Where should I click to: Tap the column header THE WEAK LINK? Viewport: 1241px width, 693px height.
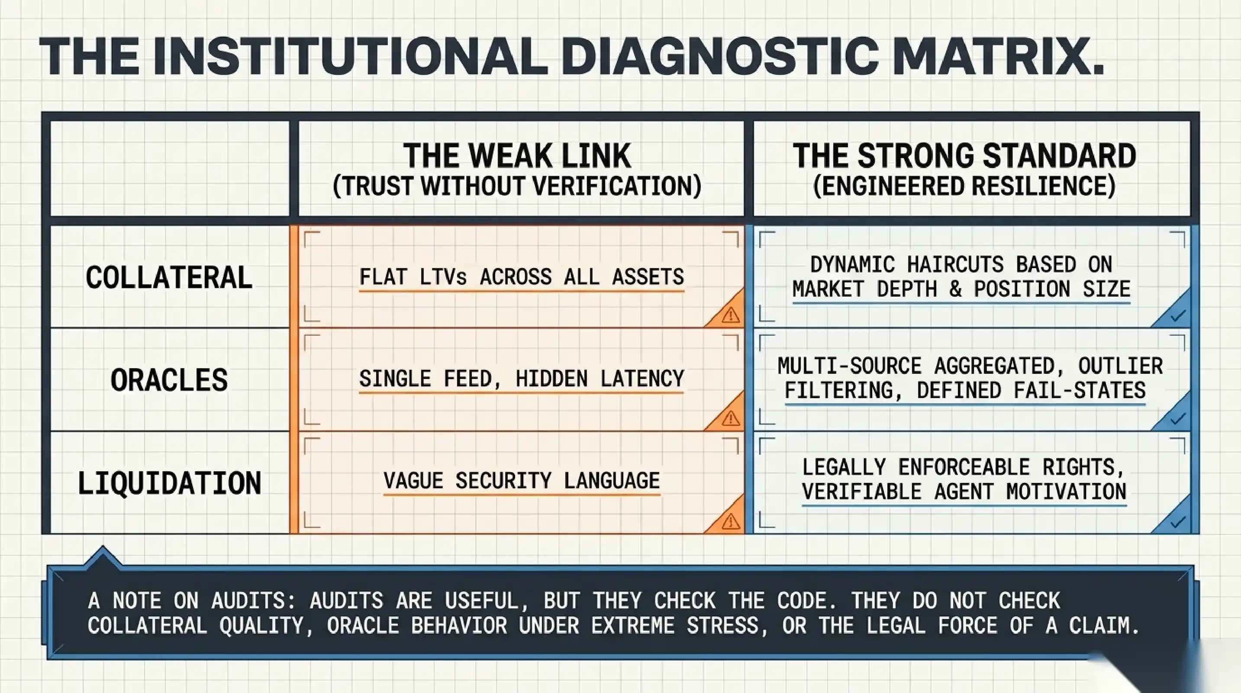pos(517,155)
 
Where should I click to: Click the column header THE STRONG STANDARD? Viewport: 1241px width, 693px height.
pos(964,155)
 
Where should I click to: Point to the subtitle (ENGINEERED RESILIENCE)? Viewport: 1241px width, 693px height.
pos(964,186)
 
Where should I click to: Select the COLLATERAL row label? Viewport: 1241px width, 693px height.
pos(169,277)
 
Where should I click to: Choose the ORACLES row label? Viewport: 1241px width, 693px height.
pos(169,380)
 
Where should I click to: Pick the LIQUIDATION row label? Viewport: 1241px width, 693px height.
pos(169,483)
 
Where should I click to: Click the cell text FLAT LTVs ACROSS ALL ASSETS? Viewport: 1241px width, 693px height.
pos(522,277)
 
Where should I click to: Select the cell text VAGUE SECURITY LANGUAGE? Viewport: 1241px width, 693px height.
pos(522,480)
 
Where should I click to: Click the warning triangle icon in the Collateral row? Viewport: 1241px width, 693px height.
pos(730,315)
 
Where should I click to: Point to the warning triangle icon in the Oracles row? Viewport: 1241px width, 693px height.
pos(730,418)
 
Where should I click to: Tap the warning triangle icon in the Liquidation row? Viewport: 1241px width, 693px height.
pos(730,521)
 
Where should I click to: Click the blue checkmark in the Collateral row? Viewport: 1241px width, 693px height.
pos(1177,316)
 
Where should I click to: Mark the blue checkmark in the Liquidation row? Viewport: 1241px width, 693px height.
pos(1177,522)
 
